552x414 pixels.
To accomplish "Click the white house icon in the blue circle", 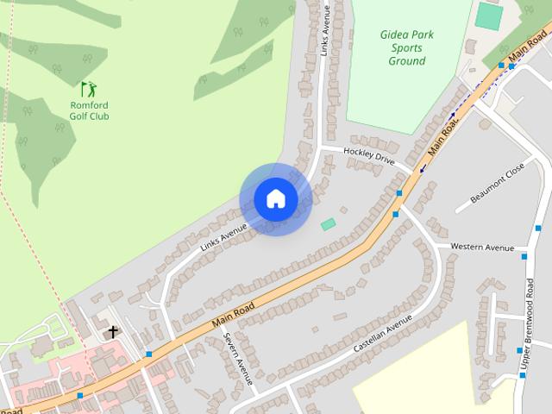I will (x=275, y=199).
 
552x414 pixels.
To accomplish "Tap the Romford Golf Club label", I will (x=89, y=110).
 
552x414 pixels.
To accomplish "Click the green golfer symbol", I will (x=89, y=88).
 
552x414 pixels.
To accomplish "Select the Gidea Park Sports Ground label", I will (x=406, y=48).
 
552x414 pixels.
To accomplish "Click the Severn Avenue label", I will (x=237, y=357).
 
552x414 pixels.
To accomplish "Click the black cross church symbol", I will (x=111, y=331).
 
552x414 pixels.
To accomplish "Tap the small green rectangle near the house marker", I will (x=328, y=224).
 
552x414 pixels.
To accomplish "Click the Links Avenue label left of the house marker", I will (x=223, y=237).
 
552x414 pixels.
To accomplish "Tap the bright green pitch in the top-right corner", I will (x=488, y=16).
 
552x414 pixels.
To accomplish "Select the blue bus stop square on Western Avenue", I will (x=524, y=256).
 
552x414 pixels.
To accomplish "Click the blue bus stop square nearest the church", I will (x=148, y=354).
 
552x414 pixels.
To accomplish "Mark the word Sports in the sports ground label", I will (x=407, y=48).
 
